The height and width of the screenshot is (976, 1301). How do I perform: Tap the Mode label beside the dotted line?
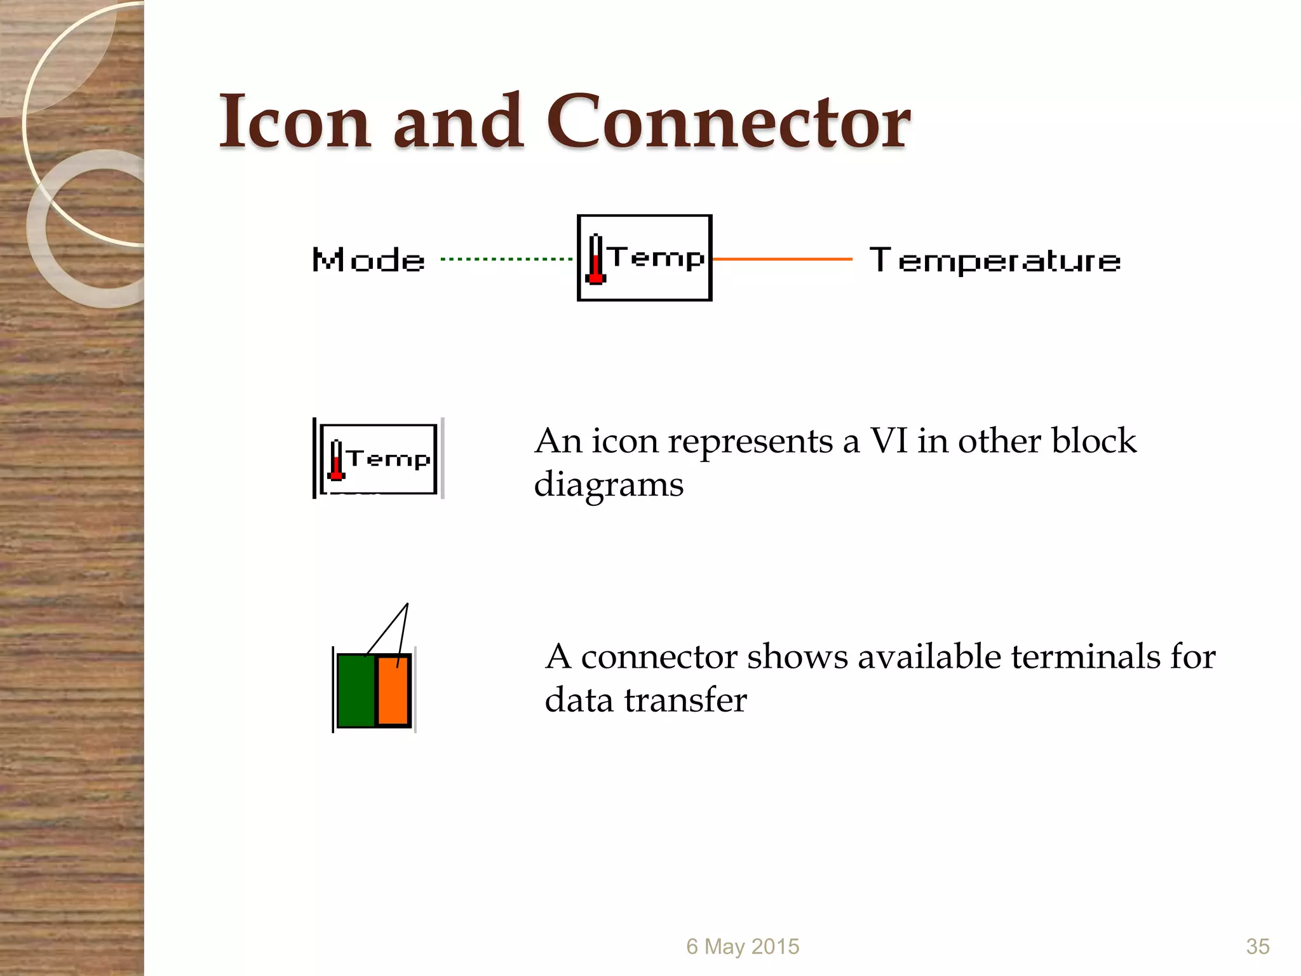point(368,261)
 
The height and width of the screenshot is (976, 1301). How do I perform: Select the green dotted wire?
point(506,259)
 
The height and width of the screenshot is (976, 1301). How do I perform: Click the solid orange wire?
point(782,259)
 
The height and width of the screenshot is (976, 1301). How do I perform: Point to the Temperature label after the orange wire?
point(995,261)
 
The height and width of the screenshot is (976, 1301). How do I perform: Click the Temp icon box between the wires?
point(644,258)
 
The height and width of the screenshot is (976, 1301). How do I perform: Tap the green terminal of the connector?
point(355,690)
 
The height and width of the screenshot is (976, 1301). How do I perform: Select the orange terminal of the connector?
point(393,690)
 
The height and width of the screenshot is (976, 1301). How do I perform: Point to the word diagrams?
point(609,485)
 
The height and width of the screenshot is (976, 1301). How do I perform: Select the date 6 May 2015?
point(743,947)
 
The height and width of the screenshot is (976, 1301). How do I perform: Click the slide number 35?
point(1258,947)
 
